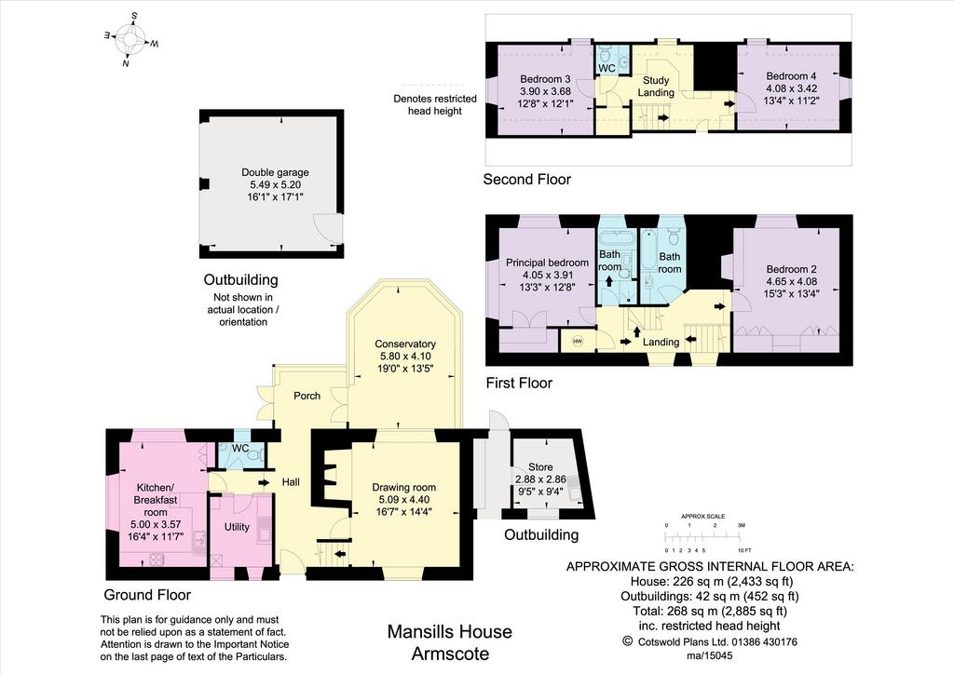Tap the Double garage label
[x=275, y=172]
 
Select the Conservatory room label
[x=405, y=344]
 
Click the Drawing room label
[x=404, y=487]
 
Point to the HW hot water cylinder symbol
[x=578, y=342]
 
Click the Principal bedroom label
[x=547, y=263]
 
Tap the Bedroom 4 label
[x=791, y=76]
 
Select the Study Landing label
[x=656, y=87]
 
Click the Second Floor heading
[x=527, y=180]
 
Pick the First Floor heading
[x=519, y=383]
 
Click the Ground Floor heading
[x=147, y=595]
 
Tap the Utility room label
[x=237, y=527]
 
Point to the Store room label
[x=540, y=466]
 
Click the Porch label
[x=307, y=396]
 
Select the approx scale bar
[x=703, y=536]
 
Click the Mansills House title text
[x=450, y=632]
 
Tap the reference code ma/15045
[x=709, y=655]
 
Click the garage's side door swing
[x=323, y=226]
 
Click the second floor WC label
[x=606, y=69]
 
